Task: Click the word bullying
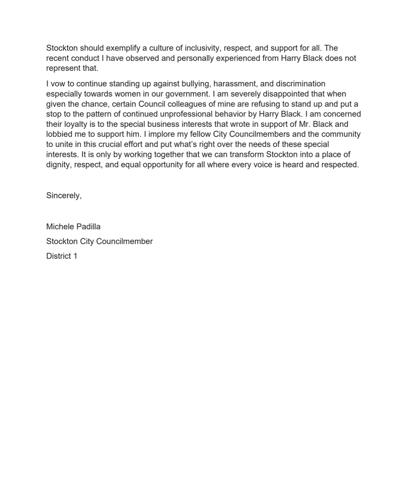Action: tap(189, 84)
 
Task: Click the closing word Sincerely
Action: tap(63, 196)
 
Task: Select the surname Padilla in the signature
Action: tap(87, 227)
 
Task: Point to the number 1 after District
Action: tap(75, 256)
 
